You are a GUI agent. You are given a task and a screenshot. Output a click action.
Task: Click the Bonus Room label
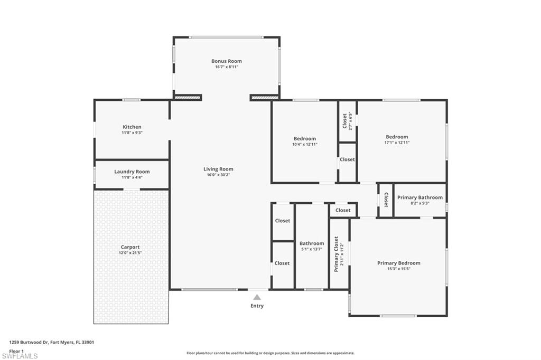[226, 61]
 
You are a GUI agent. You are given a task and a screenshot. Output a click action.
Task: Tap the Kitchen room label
[132, 127]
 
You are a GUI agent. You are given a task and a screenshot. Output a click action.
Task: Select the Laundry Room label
[132, 172]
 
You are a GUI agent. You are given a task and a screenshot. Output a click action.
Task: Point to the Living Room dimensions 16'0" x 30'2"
[218, 175]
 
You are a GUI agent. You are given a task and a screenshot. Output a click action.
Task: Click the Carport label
[130, 247]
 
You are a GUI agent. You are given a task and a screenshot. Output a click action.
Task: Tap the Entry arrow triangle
[257, 297]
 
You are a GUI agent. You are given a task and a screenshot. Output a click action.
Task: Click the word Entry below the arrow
[257, 306]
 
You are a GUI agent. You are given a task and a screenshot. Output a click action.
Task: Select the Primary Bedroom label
[398, 263]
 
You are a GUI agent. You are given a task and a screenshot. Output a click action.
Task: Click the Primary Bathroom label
[420, 197]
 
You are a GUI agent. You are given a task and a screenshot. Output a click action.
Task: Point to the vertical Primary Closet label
[336, 254]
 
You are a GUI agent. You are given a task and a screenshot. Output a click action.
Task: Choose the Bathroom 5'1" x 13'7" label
[312, 247]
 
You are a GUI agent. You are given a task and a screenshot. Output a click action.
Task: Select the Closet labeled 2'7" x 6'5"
[346, 121]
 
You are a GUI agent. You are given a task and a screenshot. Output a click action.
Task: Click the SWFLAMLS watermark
[20, 356]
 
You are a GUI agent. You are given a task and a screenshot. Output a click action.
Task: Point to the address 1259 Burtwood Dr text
[52, 342]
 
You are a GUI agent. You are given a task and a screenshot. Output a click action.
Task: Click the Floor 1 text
[16, 350]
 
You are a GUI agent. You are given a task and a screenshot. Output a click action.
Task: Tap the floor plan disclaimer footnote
[270, 353]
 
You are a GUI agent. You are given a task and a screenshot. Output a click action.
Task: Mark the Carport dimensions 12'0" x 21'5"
[130, 253]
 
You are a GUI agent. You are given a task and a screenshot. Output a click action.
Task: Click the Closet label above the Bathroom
[343, 210]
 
